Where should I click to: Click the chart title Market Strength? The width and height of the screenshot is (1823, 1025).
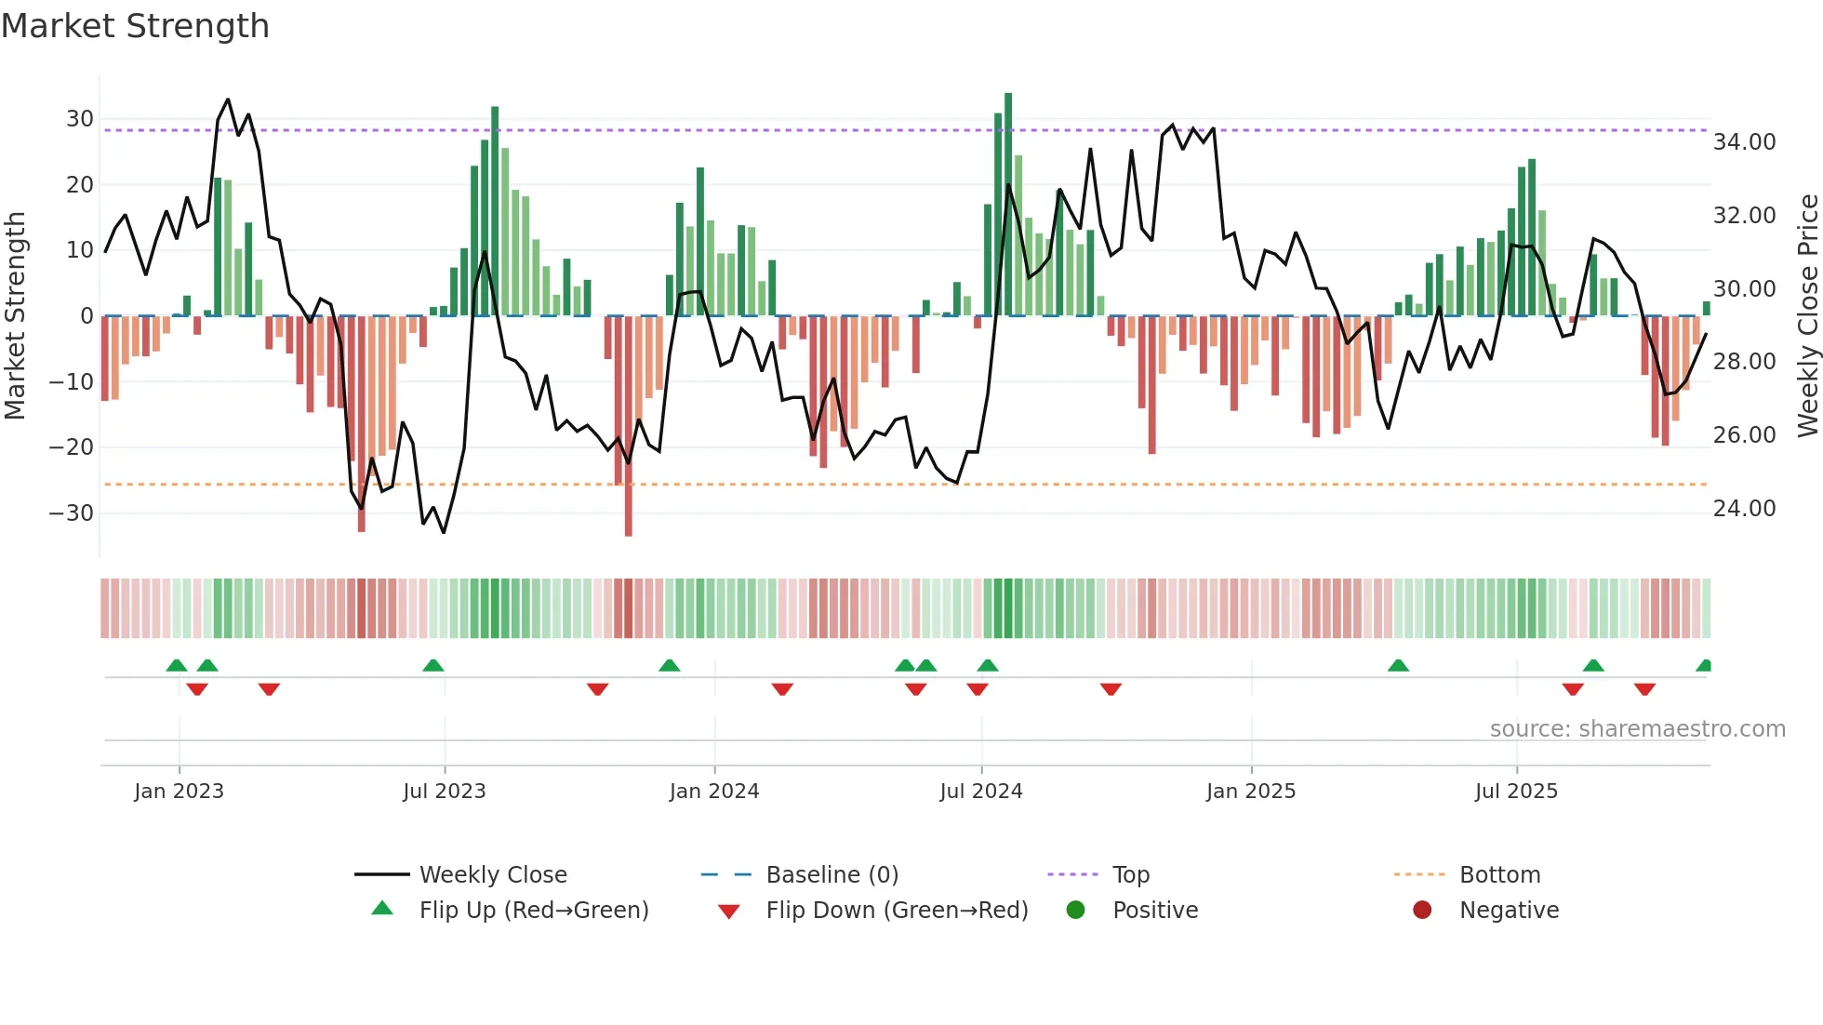point(135,26)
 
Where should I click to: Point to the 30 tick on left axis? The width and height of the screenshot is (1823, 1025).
point(80,119)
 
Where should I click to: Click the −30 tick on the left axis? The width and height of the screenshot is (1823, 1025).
point(72,513)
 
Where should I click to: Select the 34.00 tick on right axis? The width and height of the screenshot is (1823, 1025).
point(1744,142)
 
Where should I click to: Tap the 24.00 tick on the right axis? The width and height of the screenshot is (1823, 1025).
point(1744,509)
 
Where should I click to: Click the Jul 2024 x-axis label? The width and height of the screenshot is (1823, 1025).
point(980,792)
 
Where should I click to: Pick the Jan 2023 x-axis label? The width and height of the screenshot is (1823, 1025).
point(179,792)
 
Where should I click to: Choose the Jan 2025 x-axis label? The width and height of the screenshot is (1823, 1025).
point(1250,792)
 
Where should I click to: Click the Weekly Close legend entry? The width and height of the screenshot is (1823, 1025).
point(492,875)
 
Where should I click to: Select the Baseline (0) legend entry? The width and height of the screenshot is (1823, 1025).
point(832,875)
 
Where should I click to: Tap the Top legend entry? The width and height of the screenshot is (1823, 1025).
point(1130,875)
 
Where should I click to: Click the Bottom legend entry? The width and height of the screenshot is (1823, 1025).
point(1499,875)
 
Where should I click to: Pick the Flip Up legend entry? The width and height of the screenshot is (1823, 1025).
point(533,911)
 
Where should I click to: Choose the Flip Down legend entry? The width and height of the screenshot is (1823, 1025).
point(896,911)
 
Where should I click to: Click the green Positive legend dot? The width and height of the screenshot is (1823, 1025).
point(1075,911)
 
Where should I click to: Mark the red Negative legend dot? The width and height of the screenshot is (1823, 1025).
point(1421,911)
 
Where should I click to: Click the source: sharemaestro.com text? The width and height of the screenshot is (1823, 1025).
point(1637,729)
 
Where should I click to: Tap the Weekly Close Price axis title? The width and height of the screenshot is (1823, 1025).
point(1807,316)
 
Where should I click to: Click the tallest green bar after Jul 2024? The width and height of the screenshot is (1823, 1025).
point(1008,205)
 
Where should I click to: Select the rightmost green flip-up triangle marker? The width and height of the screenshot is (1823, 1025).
point(1704,666)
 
